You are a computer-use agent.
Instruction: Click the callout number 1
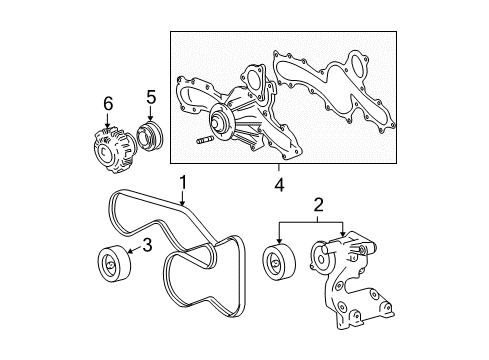click(183, 182)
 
